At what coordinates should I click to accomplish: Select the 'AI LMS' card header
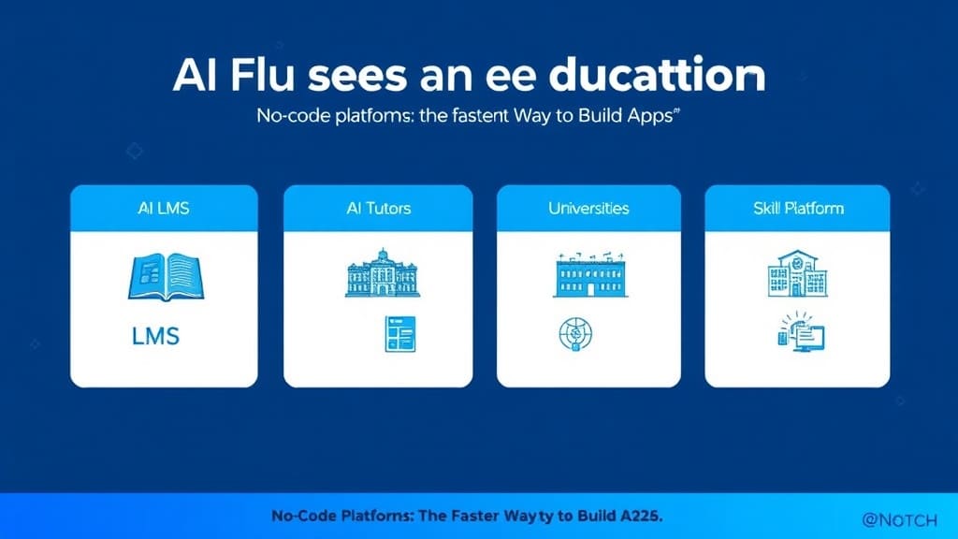(x=163, y=208)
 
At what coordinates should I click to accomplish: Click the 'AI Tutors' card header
(x=378, y=208)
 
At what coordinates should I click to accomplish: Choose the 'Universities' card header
(x=588, y=208)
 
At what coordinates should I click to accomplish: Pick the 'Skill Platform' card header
(x=797, y=208)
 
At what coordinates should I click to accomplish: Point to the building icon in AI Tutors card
(x=382, y=273)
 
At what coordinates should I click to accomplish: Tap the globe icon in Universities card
(x=573, y=334)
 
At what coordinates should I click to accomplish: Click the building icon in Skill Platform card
(x=797, y=272)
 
